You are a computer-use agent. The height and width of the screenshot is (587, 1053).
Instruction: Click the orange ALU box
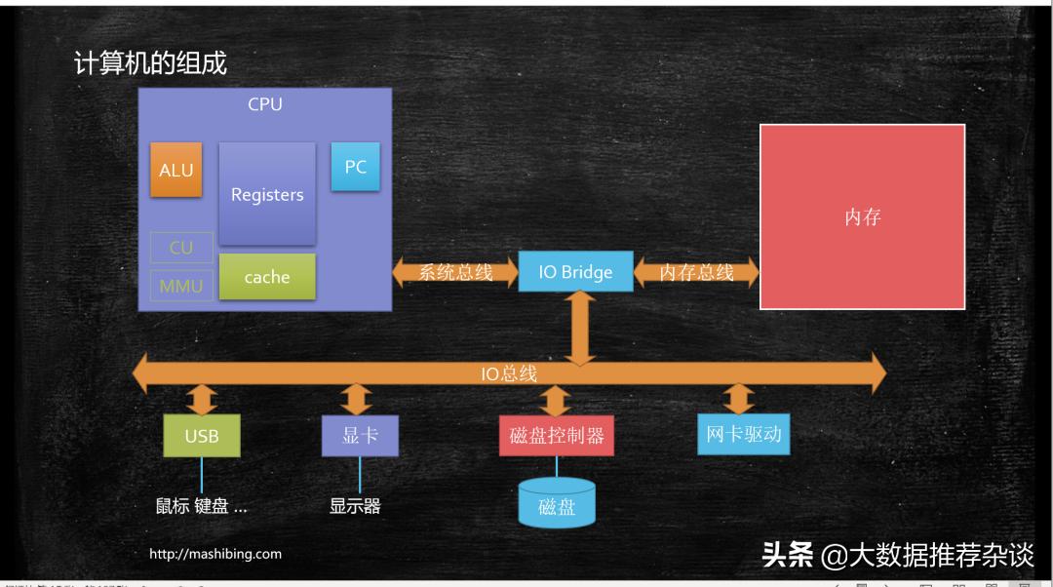tap(176, 170)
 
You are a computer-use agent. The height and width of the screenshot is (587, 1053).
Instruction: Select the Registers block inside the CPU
tap(267, 194)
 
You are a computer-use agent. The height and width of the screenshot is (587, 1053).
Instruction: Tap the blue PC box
tap(356, 167)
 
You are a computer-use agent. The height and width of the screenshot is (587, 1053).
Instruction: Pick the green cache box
tap(267, 277)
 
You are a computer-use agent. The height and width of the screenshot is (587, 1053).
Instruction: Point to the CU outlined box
tap(181, 248)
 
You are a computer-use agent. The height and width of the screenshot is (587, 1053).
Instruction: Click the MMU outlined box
tap(181, 286)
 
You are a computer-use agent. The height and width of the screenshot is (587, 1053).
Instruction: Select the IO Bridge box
tap(575, 272)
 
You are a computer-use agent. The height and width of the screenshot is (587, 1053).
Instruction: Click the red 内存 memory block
tap(863, 216)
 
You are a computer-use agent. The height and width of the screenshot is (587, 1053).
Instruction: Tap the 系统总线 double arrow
tap(455, 272)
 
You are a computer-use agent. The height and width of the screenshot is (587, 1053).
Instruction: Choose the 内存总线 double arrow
tap(696, 272)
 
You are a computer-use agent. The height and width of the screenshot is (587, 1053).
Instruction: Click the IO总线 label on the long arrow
tap(509, 373)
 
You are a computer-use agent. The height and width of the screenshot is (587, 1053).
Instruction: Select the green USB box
tap(202, 436)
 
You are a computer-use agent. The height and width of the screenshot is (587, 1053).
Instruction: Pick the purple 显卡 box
tap(360, 435)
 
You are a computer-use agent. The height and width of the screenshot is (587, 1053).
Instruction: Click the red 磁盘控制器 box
tap(557, 436)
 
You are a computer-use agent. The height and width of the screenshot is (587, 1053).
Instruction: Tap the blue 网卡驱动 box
tap(743, 434)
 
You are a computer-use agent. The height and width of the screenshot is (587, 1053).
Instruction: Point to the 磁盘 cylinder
tap(557, 504)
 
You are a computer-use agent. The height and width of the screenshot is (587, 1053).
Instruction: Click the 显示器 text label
tap(355, 505)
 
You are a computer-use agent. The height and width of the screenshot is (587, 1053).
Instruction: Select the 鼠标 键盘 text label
tap(202, 505)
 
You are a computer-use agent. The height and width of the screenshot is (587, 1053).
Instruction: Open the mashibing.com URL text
tap(215, 554)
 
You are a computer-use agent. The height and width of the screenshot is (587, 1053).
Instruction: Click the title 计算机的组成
tap(150, 63)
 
